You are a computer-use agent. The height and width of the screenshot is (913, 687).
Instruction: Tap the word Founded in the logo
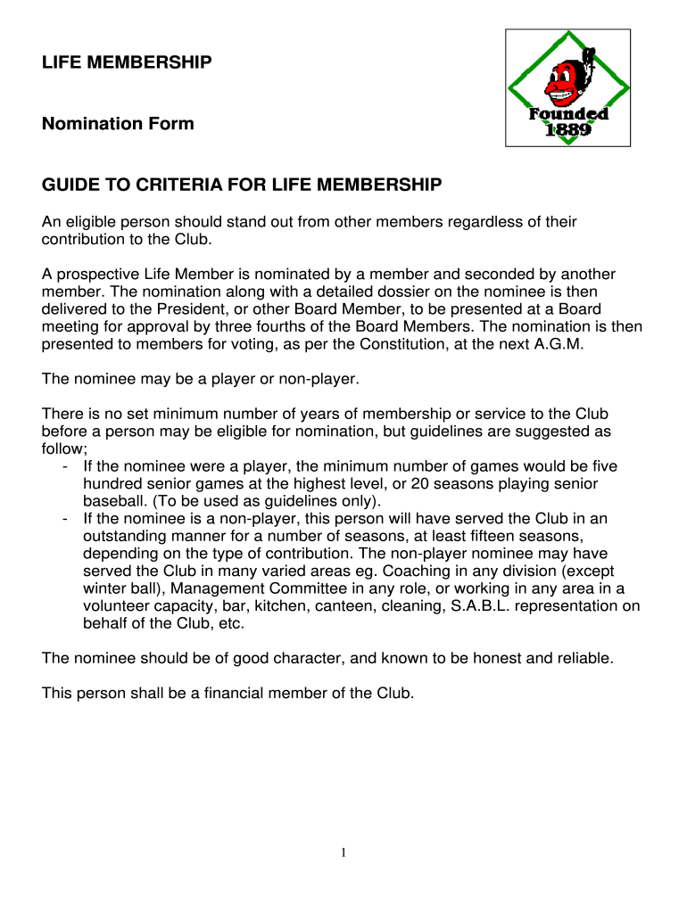tap(569, 114)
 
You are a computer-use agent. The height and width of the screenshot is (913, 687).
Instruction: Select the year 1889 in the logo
tap(567, 130)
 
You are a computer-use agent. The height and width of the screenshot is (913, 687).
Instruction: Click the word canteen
tap(340, 605)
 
